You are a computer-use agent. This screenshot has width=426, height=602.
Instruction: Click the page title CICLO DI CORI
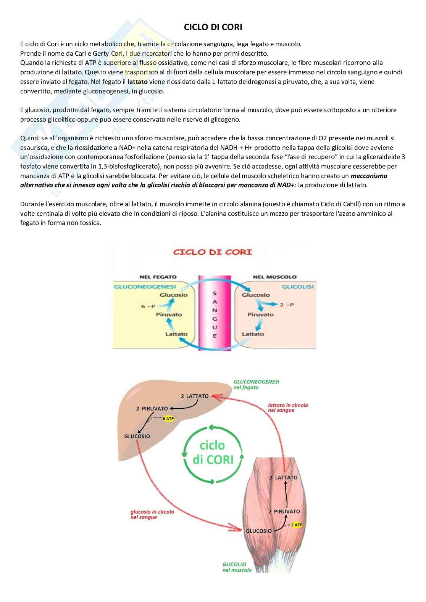tap(213, 27)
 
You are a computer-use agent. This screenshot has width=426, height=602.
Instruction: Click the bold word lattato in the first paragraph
tap(137, 82)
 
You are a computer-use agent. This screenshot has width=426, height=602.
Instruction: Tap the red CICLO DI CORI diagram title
tap(213, 252)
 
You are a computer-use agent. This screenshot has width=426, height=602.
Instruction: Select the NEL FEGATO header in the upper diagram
tap(158, 277)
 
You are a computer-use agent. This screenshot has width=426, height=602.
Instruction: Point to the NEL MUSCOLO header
tap(274, 277)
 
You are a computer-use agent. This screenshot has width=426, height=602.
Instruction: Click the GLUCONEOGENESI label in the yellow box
tap(145, 286)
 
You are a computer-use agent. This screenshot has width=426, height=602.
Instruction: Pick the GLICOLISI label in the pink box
tap(298, 286)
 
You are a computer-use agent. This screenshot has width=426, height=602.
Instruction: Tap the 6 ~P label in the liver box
tap(148, 306)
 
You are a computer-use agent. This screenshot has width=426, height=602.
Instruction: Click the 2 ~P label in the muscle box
tap(287, 305)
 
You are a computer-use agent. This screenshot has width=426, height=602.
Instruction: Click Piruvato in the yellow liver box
tap(169, 315)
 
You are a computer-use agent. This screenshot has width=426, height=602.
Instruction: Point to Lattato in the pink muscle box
tap(253, 334)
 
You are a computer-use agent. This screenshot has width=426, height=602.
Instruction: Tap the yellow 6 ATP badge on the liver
tap(168, 419)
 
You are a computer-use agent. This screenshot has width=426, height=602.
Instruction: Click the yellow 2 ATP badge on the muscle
tap(296, 525)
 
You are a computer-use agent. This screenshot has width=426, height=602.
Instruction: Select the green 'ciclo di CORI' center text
tap(212, 453)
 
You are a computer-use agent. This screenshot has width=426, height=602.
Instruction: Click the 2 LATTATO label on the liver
tap(195, 396)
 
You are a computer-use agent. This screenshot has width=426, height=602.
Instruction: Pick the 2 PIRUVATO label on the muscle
tap(284, 512)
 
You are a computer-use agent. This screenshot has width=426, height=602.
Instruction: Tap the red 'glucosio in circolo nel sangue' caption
tap(152, 514)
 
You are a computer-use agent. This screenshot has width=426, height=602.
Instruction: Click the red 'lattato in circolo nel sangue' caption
tap(288, 408)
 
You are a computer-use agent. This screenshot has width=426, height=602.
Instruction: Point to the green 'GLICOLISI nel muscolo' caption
tap(237, 567)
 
